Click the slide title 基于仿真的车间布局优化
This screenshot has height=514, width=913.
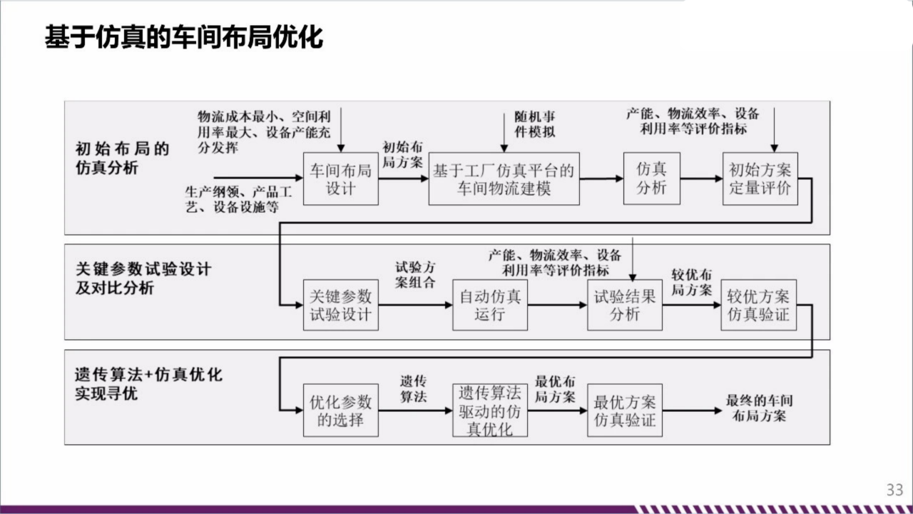[184, 38]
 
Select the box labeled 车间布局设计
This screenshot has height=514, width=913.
[340, 179]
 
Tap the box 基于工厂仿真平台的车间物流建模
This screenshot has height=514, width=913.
[504, 179]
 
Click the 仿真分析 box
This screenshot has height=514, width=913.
[651, 178]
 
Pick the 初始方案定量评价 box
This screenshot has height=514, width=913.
[760, 179]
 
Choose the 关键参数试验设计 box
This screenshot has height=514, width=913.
[340, 305]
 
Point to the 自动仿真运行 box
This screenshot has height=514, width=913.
[490, 305]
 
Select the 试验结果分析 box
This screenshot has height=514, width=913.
[625, 305]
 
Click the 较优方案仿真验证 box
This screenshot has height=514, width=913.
[759, 305]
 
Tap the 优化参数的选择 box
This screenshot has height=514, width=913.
[340, 410]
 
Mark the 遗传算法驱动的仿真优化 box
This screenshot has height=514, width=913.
[490, 410]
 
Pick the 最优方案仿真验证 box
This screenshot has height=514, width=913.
[625, 410]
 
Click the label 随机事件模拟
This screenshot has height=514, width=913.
[535, 124]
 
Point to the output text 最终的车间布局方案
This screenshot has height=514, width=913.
[759, 408]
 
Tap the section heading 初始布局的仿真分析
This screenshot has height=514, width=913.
[122, 158]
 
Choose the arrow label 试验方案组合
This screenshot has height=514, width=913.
[416, 275]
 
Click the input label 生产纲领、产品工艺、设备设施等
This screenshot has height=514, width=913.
[233, 199]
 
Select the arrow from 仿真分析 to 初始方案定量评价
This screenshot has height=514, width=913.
[701, 179]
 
